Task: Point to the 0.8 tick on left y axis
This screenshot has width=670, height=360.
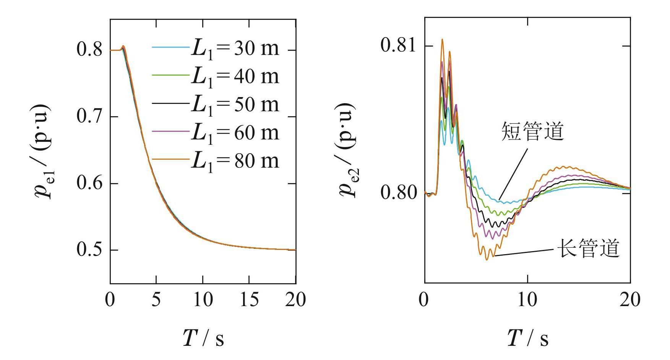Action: coord(90,50)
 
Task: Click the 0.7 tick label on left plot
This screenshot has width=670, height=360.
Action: coord(90,117)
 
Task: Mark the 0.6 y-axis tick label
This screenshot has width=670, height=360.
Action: coord(90,183)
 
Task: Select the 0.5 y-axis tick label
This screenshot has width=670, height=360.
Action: coord(90,250)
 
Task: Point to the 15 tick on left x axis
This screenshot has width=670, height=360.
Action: coord(249,300)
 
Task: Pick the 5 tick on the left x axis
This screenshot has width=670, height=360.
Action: coord(156,300)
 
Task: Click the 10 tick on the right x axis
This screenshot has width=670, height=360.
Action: coord(527,300)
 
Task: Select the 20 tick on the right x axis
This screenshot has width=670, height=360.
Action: coord(630,300)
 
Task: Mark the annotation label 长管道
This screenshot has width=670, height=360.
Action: coord(588,249)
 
